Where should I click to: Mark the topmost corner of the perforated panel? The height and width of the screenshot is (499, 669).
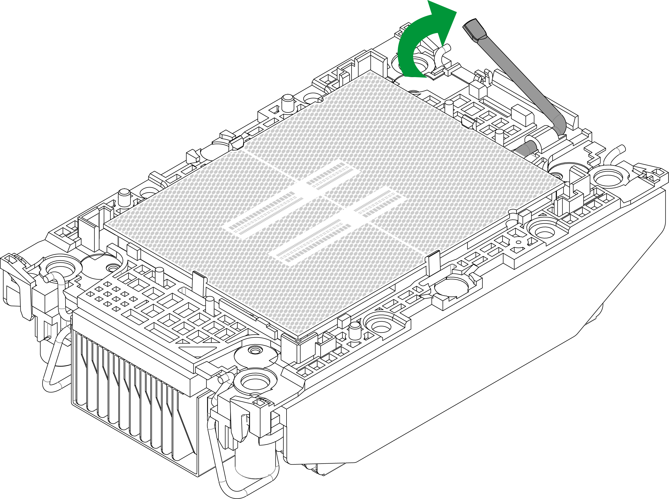click(x=371, y=69)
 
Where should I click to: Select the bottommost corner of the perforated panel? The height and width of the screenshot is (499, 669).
click(x=298, y=336)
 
